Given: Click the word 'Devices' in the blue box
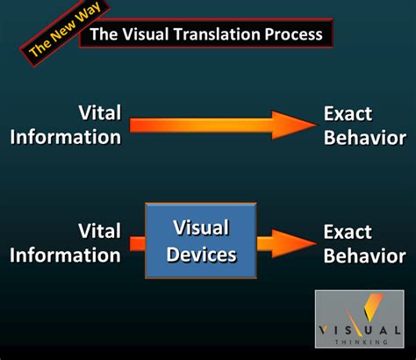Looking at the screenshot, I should pyautogui.click(x=201, y=256).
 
